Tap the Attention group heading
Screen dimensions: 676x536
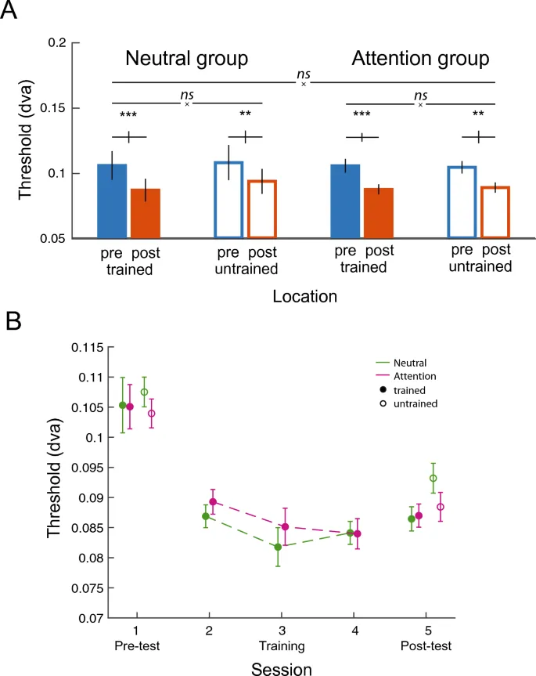[x=420, y=59]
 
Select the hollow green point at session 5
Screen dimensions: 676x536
[x=433, y=478]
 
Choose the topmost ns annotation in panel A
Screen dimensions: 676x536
[x=302, y=75]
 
